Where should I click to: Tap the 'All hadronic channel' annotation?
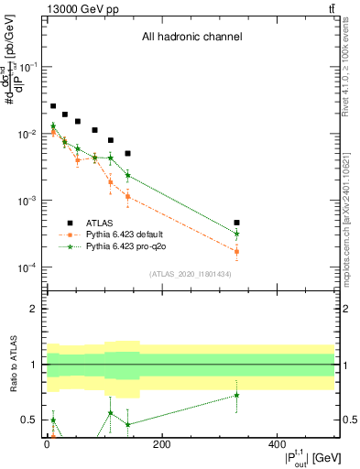tap(191, 38)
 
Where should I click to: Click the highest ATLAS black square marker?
tap(53, 106)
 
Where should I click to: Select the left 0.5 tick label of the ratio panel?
tap(29, 420)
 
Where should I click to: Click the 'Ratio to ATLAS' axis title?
tap(13, 364)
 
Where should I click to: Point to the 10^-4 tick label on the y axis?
tap(27, 267)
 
